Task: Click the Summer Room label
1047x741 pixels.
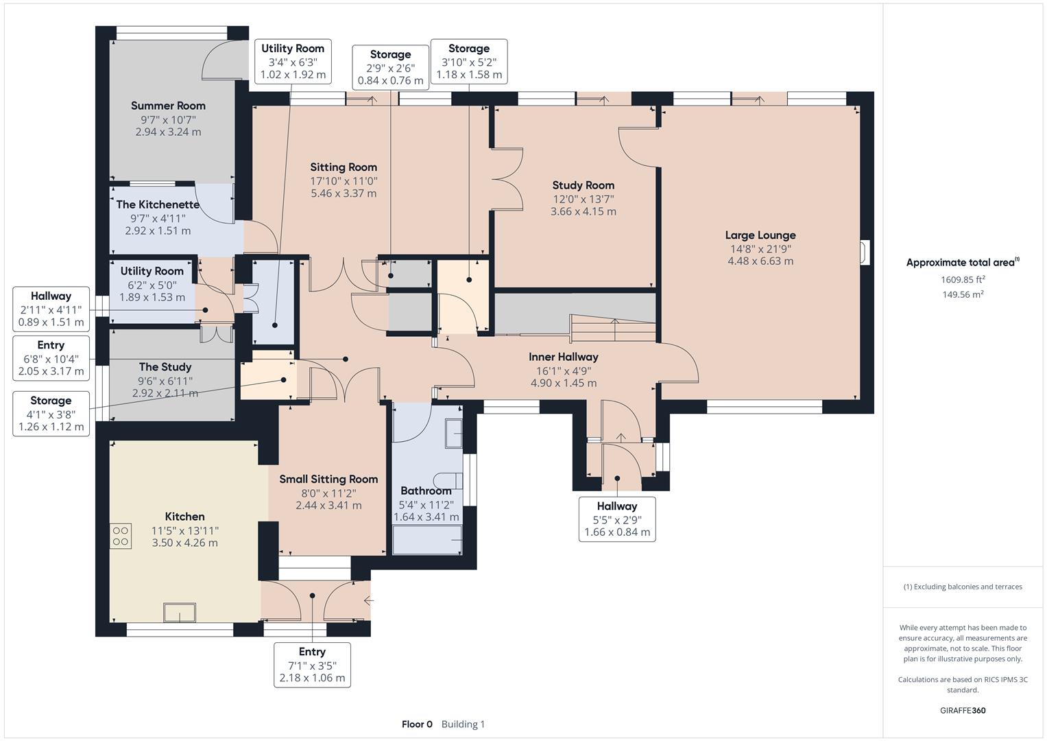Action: click(168, 106)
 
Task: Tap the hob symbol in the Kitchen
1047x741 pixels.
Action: click(121, 536)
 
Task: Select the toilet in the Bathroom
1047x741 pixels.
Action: click(448, 480)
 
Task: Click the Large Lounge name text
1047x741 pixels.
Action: click(760, 235)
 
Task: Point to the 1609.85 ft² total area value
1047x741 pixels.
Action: click(963, 279)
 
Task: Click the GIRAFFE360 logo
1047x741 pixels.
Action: click(963, 710)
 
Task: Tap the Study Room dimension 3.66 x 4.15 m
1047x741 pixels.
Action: click(583, 211)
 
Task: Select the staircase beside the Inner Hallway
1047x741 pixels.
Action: click(613, 329)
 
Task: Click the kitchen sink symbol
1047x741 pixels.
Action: click(180, 612)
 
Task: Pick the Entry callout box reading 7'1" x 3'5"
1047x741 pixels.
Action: click(312, 665)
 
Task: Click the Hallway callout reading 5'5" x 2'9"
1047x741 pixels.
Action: click(617, 519)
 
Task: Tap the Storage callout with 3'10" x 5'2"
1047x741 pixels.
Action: click(469, 61)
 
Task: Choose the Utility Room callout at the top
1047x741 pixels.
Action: click(293, 61)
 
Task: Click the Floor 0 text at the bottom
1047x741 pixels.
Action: click(417, 724)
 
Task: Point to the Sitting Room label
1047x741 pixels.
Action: click(344, 167)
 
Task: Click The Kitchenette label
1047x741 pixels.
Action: click(158, 204)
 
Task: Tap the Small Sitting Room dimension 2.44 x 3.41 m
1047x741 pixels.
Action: click(328, 505)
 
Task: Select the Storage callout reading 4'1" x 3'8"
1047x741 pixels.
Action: click(51, 414)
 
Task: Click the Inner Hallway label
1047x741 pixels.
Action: click(564, 357)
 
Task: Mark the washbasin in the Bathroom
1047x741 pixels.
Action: click(454, 434)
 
